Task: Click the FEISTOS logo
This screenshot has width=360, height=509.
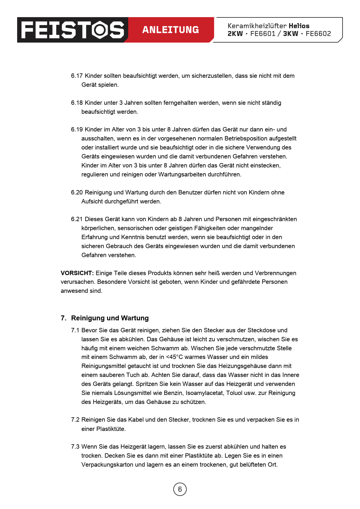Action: tap(73, 30)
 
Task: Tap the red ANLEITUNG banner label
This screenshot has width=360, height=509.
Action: tap(170, 30)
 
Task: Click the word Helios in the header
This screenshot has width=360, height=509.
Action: tap(299, 26)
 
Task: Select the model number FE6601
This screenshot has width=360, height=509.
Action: tap(263, 34)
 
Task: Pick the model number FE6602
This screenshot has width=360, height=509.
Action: tap(318, 34)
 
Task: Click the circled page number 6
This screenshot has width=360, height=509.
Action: tap(180, 489)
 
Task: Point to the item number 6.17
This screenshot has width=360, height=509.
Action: tap(77, 76)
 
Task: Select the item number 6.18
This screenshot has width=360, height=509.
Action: tap(77, 103)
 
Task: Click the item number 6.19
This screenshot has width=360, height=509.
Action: tap(77, 129)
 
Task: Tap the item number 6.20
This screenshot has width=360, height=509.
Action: tap(77, 192)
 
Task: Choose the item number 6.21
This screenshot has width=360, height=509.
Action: tap(77, 219)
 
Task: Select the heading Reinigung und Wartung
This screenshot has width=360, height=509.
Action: tap(110, 318)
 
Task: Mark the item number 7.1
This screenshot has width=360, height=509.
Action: tap(75, 330)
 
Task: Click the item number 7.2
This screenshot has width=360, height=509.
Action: tap(75, 420)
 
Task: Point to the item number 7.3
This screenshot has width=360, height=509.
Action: tap(75, 447)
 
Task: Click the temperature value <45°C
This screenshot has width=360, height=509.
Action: tap(174, 357)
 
